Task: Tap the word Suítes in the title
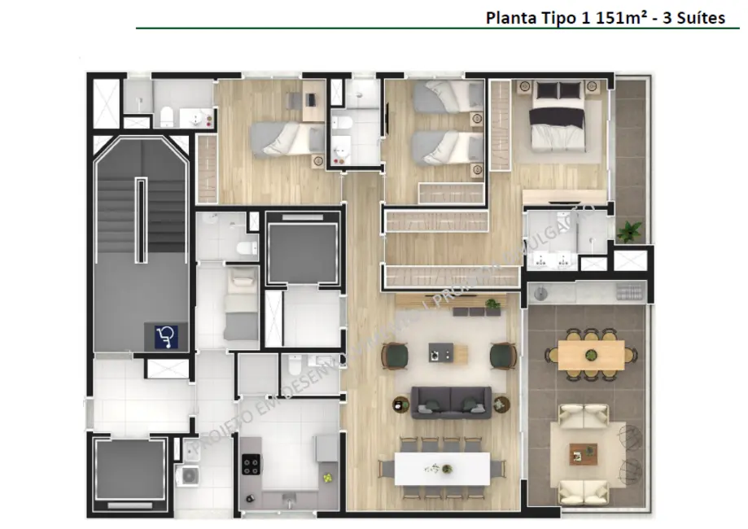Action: (699, 17)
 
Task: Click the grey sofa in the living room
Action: (451, 401)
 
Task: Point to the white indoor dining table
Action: (442, 469)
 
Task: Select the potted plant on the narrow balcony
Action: (628, 232)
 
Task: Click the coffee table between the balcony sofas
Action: (583, 453)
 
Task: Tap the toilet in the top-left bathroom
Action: (166, 115)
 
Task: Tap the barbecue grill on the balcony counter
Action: (628, 291)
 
